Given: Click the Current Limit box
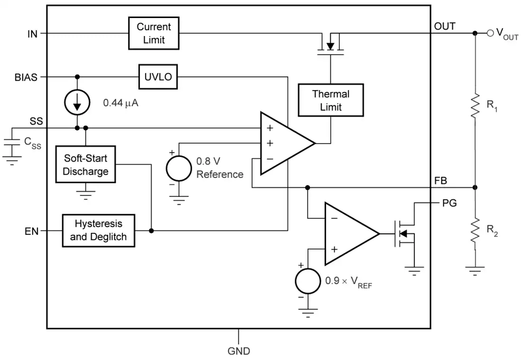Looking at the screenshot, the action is click(154, 33).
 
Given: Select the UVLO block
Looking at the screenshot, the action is click(158, 77).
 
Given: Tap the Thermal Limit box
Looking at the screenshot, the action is click(331, 100).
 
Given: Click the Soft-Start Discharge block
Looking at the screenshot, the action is click(85, 165).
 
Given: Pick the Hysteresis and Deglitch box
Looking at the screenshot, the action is click(99, 230).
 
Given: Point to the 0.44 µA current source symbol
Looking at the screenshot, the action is click(77, 102).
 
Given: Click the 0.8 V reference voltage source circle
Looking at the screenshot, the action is click(179, 168).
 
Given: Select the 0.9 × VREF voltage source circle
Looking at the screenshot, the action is click(308, 281).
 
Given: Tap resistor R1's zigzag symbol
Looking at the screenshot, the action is click(475, 105).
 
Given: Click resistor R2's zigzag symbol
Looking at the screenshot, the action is click(475, 230).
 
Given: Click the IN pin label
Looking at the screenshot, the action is click(32, 34).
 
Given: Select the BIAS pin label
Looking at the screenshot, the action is click(26, 77).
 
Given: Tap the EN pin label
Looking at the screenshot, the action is click(32, 231).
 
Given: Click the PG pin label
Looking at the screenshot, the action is click(449, 203).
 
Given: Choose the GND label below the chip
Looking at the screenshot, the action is click(239, 351).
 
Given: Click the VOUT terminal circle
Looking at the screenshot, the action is click(490, 33).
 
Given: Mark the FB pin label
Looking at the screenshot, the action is click(440, 181).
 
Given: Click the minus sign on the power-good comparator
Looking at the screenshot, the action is click(334, 218).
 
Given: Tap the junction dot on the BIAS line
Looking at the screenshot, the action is click(77, 77).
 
